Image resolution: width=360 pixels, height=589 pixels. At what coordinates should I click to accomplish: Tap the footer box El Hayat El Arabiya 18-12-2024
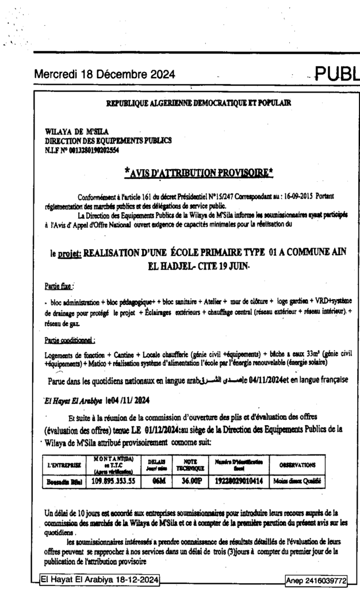100,579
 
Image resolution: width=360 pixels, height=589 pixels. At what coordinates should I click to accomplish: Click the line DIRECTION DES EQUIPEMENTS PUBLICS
108,140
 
